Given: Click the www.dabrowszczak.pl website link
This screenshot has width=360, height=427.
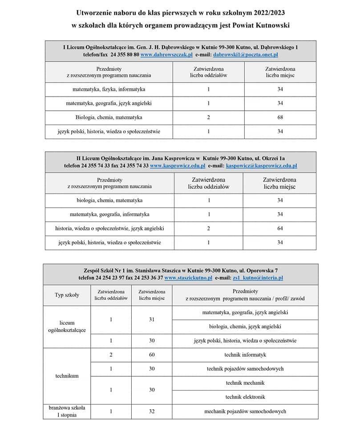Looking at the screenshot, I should click(166, 54).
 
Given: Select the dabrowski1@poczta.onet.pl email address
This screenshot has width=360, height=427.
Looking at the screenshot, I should click(246, 54).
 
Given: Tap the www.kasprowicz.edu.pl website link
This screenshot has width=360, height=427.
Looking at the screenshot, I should click(178, 165).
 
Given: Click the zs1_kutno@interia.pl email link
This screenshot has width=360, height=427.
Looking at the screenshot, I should click(258, 278).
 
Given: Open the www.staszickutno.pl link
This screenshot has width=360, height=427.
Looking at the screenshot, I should click(188, 278).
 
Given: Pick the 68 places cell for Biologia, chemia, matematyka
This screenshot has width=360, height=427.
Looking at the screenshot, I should click(280, 117).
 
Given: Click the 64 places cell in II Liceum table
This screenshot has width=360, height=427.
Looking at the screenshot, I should click(280, 229).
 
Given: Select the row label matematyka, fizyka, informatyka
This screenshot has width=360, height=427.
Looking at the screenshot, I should click(109, 89).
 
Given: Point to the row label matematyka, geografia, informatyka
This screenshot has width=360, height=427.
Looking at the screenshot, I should click(109, 214).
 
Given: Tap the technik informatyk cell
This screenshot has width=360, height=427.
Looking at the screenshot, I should click(245, 355).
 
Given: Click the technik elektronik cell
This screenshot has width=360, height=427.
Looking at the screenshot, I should click(245, 397).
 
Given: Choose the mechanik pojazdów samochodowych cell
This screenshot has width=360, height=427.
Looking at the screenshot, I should click(245, 411).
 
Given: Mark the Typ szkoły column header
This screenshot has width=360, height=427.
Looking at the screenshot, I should click(67, 295).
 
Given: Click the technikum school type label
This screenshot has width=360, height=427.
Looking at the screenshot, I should click(67, 376).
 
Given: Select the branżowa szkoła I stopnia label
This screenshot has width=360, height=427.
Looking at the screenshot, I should click(67, 411).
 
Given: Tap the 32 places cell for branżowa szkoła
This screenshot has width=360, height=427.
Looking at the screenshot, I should click(152, 411).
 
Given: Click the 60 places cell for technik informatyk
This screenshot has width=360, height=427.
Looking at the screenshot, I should click(152, 355).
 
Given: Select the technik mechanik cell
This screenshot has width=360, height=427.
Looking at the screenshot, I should click(245, 383).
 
